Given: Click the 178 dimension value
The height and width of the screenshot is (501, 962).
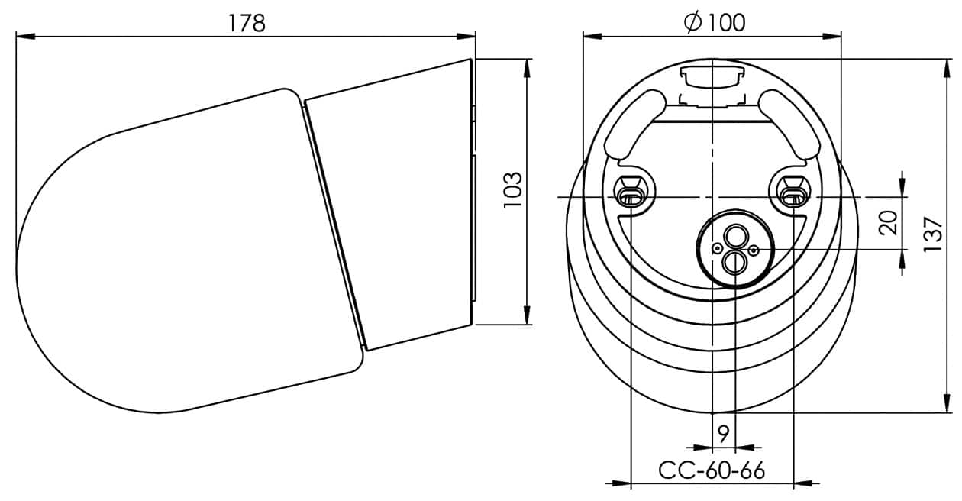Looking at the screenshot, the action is tap(247, 23).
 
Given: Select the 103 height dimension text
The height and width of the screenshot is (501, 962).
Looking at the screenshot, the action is tap(513, 190).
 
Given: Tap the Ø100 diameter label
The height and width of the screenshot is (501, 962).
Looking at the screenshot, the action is tap(715, 22).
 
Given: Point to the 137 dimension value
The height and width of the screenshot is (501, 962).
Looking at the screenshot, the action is tap(933, 234).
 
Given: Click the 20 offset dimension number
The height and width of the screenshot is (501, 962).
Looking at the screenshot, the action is tap(888, 222).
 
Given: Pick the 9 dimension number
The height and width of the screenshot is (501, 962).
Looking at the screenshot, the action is tap(724, 434).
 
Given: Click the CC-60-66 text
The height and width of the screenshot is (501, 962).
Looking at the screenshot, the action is tap(712, 470).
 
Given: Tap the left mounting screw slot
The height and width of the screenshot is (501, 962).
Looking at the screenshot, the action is tap(631, 192).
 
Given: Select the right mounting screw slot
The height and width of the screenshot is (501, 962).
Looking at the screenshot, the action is tap(793, 192).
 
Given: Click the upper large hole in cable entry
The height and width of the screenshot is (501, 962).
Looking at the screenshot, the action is tap(736, 236).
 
